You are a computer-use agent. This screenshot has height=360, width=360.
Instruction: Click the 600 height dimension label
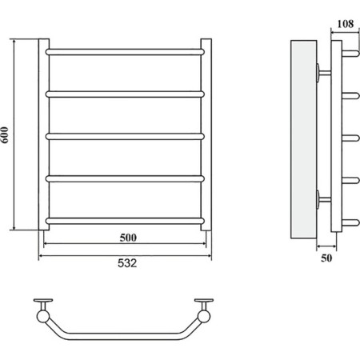click(x=5, y=135)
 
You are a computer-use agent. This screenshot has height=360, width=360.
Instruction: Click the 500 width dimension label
click(x=128, y=238)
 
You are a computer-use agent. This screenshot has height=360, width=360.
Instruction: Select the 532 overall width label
click(x=127, y=263)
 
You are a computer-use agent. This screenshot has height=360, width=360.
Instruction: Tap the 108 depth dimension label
click(x=346, y=24)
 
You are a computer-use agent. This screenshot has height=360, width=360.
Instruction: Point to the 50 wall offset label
click(x=326, y=258)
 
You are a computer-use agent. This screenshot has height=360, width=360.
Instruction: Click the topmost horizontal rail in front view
click(x=125, y=52)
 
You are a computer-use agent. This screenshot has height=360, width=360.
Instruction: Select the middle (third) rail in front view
click(x=125, y=137)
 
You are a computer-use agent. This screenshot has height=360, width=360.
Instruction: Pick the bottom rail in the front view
click(x=125, y=221)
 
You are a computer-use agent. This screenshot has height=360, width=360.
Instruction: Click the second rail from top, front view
click(x=125, y=94)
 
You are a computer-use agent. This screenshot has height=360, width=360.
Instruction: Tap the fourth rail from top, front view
click(x=125, y=178)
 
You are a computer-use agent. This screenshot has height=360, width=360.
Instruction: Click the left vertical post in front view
click(x=44, y=134)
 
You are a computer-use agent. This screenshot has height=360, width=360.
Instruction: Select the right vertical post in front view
click(x=206, y=134)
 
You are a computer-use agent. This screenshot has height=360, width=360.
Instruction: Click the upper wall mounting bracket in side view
click(x=323, y=73)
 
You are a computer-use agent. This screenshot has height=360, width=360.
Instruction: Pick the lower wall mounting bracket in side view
click(x=323, y=199)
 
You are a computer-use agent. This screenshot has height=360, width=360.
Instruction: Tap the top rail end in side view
click(x=350, y=53)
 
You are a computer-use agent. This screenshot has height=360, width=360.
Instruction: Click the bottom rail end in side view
click(x=350, y=222)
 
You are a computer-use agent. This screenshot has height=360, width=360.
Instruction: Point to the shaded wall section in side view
click(x=304, y=139)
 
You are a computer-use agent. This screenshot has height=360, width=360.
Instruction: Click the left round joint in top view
click(x=43, y=316)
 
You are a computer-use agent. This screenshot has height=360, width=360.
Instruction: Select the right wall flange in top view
click(x=204, y=300)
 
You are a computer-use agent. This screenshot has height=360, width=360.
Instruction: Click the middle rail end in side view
click(x=350, y=138)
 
